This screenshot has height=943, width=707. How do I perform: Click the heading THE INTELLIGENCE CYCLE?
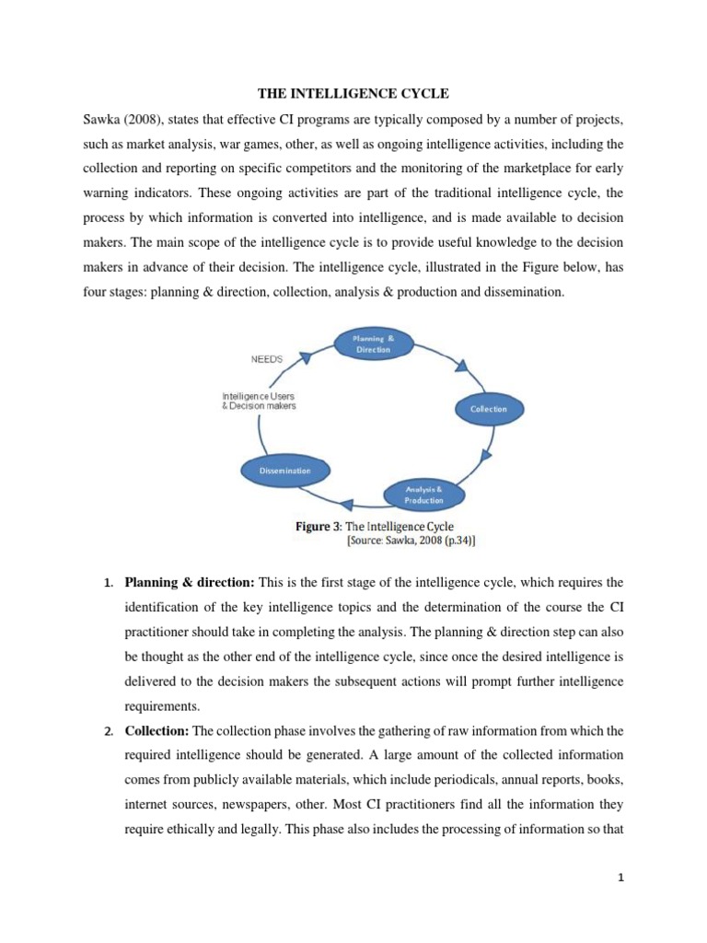[353, 92]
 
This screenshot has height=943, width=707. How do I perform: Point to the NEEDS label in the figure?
[268, 360]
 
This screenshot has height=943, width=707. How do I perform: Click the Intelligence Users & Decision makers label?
[260, 401]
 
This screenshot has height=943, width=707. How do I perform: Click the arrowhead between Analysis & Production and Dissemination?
[345, 504]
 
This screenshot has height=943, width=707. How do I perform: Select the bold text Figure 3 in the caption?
[318, 526]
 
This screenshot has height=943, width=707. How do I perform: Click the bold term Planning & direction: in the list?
[191, 582]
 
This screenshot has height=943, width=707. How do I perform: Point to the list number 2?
[107, 731]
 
